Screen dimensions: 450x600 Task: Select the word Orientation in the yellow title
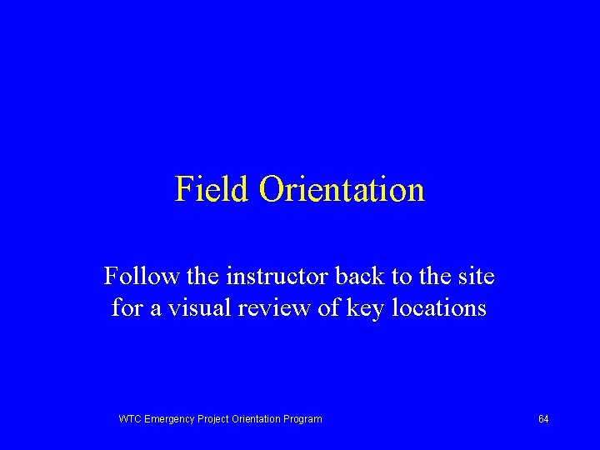point(342,189)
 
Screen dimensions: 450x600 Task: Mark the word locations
point(441,307)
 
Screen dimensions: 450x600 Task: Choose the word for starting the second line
point(127,307)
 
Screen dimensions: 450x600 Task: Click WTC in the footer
point(131,418)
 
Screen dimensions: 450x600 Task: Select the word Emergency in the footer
point(170,418)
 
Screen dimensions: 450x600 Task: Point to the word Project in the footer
point(214,418)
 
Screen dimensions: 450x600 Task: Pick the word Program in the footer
point(302,418)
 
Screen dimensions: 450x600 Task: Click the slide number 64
point(543,418)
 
